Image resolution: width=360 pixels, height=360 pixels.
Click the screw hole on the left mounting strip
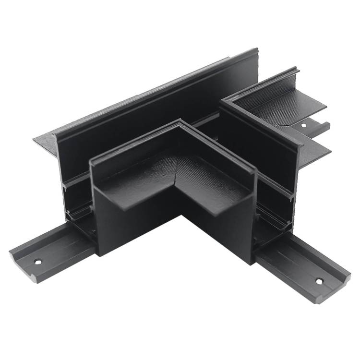37,262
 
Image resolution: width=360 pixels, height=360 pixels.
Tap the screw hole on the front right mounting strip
318,281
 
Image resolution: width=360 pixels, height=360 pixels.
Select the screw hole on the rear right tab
303,125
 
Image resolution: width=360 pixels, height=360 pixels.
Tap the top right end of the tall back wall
257,50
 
